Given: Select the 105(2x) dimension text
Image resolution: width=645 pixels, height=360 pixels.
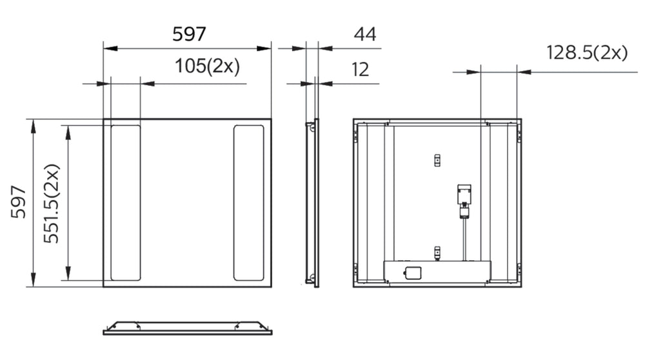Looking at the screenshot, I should (207, 66).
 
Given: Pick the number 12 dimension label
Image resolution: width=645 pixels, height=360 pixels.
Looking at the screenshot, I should (361, 69).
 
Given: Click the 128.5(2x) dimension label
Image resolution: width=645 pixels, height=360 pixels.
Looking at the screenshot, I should (587, 54).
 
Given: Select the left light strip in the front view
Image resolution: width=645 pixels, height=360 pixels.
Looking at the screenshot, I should (125, 203).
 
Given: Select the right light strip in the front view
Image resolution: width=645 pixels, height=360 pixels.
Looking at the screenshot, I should (248, 203).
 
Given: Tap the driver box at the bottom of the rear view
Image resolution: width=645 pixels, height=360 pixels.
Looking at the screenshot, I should (437, 271).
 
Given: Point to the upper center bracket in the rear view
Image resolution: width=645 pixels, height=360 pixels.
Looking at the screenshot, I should (437, 159).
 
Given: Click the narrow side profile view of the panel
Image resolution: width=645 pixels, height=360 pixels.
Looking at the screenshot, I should (313, 203).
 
